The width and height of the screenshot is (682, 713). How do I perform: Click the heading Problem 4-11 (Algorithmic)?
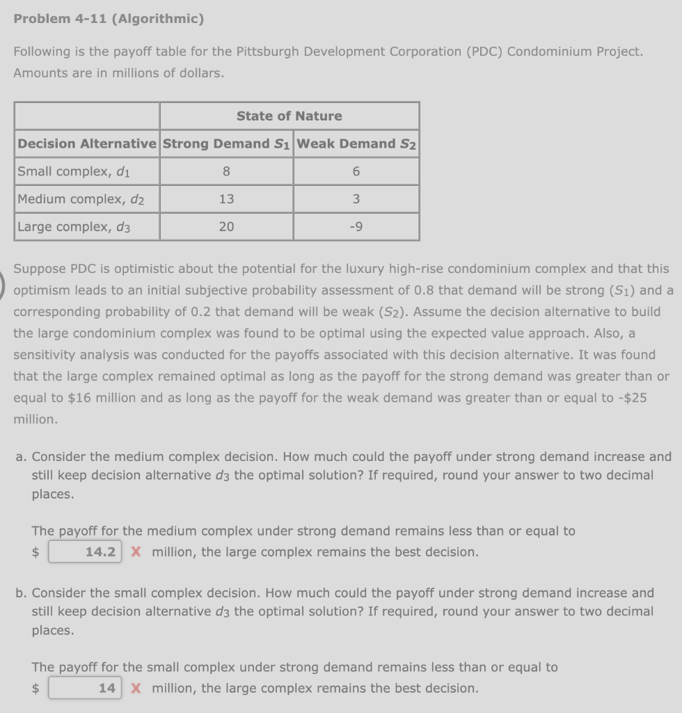pyautogui.click(x=109, y=19)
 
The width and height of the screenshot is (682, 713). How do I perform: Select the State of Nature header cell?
pyautogui.click(x=289, y=116)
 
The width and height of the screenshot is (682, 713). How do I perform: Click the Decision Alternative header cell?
pyautogui.click(x=87, y=143)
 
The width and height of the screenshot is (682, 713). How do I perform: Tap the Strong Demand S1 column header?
pyautogui.click(x=226, y=143)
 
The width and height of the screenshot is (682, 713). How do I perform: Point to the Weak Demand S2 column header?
pyautogui.click(x=356, y=143)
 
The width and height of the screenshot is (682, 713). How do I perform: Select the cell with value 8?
pyautogui.click(x=226, y=171)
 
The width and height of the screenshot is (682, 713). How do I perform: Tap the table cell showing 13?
pyautogui.click(x=226, y=199)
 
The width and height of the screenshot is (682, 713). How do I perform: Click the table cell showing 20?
pyautogui.click(x=226, y=227)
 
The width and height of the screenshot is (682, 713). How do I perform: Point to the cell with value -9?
pyautogui.click(x=356, y=227)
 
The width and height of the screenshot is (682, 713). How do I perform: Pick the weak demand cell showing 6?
pyautogui.click(x=356, y=171)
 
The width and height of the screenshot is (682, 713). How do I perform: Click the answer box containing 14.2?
pyautogui.click(x=85, y=552)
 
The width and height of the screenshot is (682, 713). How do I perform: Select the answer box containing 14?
pyautogui.click(x=85, y=689)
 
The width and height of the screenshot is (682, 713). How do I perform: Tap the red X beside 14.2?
pyautogui.click(x=136, y=552)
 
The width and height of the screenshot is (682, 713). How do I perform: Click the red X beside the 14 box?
pyautogui.click(x=136, y=689)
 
